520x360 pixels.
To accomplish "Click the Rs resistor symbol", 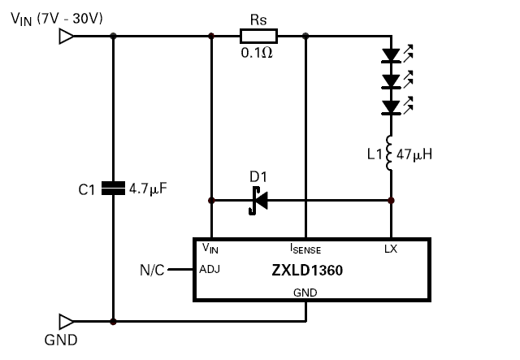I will click(x=258, y=36).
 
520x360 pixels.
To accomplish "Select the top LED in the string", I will click(x=392, y=56).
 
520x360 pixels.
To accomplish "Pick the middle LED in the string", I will click(x=392, y=81).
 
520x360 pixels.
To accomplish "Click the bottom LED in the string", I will click(x=392, y=106).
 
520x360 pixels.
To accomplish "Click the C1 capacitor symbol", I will click(x=114, y=189).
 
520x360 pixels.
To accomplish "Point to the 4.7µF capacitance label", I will click(x=148, y=189).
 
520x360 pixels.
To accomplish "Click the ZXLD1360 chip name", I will click(x=306, y=271).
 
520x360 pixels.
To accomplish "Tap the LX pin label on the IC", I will click(x=391, y=249).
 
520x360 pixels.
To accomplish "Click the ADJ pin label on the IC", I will click(x=210, y=270).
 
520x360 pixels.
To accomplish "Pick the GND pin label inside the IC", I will click(x=305, y=292).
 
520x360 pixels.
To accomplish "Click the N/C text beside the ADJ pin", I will click(x=151, y=270).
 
